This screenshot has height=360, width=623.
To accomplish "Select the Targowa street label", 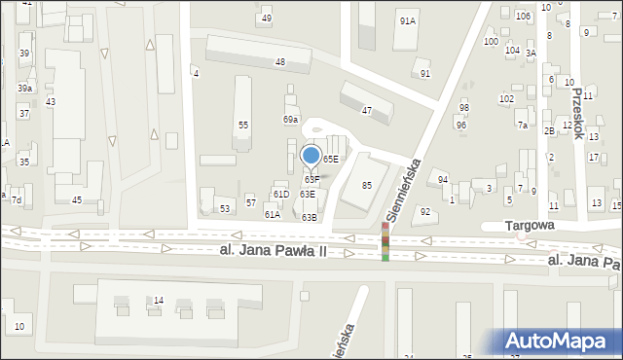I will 530,224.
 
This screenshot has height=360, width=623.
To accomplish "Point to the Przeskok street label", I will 579,110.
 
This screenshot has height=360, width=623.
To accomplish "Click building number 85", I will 367,185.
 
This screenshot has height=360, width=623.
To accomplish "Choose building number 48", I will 279,62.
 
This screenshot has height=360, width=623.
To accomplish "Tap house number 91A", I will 407,20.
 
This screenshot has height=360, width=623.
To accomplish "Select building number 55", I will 243,125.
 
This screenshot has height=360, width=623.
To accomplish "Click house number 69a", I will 290,119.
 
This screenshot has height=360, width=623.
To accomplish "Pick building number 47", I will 367,111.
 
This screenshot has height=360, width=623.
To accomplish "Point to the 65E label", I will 331,159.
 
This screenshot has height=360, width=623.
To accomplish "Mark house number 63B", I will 309,217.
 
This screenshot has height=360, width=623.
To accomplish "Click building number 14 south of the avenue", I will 158,301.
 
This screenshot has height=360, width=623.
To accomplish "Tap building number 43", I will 51,102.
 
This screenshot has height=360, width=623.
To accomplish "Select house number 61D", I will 280,195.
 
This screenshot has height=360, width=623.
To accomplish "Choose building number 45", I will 76,199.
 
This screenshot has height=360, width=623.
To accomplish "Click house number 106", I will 523,16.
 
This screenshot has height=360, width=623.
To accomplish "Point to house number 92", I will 424,211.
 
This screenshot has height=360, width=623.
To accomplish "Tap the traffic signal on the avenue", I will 385,241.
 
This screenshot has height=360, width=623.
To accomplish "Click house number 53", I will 225,208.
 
